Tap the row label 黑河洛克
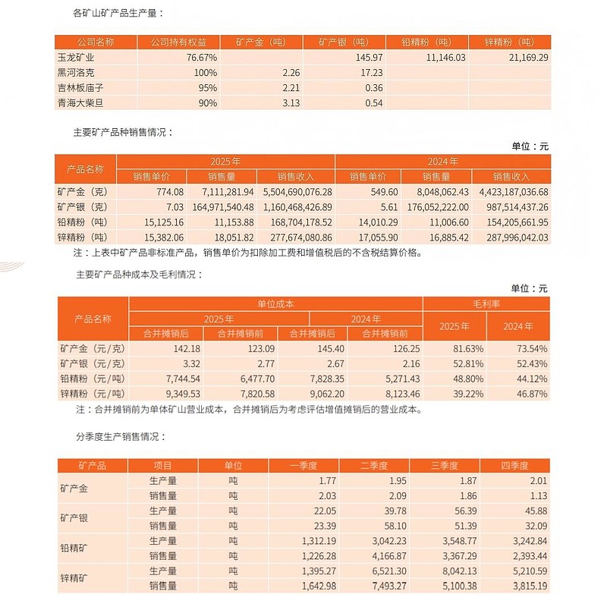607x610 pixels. click(77, 72)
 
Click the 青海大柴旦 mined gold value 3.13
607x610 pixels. click(281, 102)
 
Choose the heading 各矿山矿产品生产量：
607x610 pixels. click(118, 13)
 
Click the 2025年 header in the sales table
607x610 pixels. click(225, 162)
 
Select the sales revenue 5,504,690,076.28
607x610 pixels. click(296, 193)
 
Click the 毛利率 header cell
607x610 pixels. click(486, 303)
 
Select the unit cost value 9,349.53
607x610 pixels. click(179, 394)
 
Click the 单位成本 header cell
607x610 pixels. click(275, 303)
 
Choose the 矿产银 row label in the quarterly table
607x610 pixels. click(74, 517)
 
